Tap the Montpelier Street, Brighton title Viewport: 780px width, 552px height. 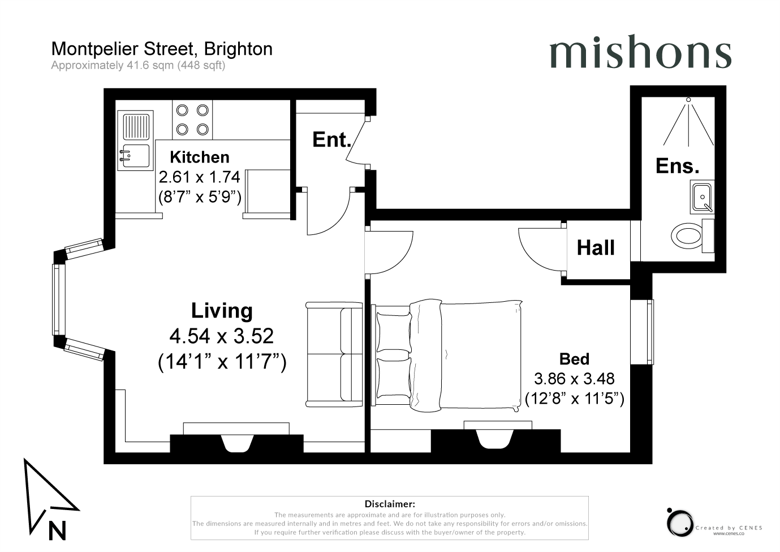[x=162, y=49]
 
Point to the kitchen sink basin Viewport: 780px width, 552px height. [x=136, y=156]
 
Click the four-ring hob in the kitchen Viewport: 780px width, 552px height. [x=192, y=120]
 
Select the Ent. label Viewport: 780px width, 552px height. [x=331, y=140]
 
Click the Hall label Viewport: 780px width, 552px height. [x=596, y=248]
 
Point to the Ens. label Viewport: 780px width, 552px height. [x=677, y=166]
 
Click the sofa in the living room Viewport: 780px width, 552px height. [x=334, y=354]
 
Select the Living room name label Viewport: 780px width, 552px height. [x=222, y=310]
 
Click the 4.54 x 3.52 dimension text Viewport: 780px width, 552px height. [x=222, y=336]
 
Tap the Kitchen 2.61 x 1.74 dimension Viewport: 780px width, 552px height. [x=200, y=177]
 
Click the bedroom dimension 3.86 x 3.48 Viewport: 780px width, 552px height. [x=574, y=379]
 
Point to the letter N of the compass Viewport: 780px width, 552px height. [x=58, y=531]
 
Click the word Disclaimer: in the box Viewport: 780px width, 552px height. [x=390, y=504]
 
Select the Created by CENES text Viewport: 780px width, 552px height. [x=729, y=528]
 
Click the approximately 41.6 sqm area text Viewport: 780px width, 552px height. [x=138, y=66]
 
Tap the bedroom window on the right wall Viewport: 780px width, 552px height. [x=642, y=332]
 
